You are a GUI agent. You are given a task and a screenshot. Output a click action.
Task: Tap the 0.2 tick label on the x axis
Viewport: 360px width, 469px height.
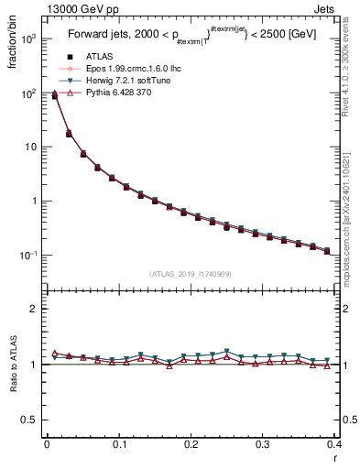pyautogui.click(x=191, y=445)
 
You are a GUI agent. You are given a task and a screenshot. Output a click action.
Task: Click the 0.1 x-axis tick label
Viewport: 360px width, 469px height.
pyautogui.click(x=119, y=445)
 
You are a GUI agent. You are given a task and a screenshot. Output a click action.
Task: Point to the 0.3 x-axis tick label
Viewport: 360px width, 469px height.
pyautogui.click(x=263, y=445)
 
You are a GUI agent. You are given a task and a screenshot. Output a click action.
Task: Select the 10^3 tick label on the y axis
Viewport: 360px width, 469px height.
pyautogui.click(x=30, y=39)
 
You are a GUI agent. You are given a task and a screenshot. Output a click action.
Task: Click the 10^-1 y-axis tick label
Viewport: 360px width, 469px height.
pyautogui.click(x=30, y=256)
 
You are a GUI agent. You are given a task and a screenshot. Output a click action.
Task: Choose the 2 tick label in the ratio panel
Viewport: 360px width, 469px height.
pyautogui.click(x=34, y=309)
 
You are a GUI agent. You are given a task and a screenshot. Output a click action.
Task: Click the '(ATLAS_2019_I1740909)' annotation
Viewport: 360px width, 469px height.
pyautogui.click(x=191, y=274)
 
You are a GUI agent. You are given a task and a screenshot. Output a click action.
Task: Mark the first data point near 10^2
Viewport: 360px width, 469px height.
pyautogui.click(x=54, y=94)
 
